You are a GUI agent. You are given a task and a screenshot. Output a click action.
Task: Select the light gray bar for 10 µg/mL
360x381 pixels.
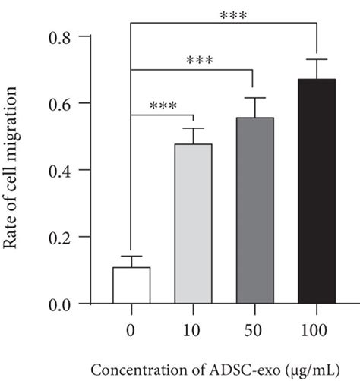point(193,224)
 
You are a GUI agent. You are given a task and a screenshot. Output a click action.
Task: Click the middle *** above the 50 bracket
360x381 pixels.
point(196,60)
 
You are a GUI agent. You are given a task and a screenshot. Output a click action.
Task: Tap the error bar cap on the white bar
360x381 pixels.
point(131,257)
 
